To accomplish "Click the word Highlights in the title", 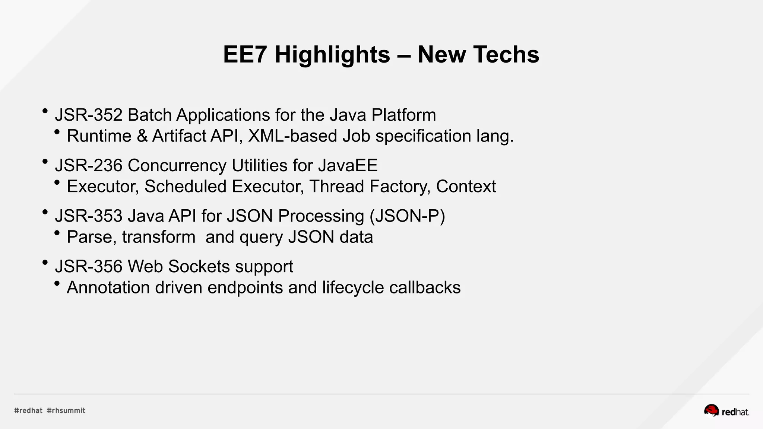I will click(x=332, y=55).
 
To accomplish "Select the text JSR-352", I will click(x=89, y=115).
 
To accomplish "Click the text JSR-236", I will click(x=89, y=165).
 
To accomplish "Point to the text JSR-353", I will click(x=89, y=216).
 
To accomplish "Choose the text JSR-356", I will click(x=89, y=267).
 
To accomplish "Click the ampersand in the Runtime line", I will click(x=142, y=136).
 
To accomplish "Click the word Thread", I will click(x=336, y=187).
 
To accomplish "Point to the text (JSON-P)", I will click(x=407, y=216).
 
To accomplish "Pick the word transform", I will click(x=159, y=237).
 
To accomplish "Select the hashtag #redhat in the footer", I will click(x=28, y=411).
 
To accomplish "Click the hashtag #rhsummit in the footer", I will click(x=66, y=411).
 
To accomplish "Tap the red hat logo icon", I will click(x=711, y=410).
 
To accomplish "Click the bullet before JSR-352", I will click(x=45, y=111).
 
